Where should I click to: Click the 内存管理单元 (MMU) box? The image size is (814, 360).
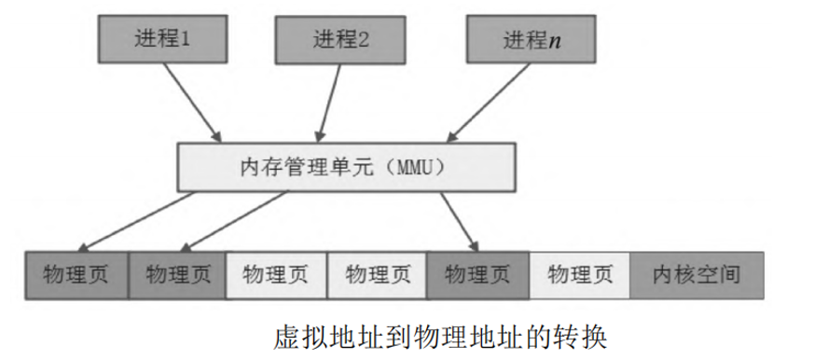[x=344, y=169]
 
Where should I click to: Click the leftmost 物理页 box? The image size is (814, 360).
[x=75, y=274]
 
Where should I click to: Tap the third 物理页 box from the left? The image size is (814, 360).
[x=275, y=274]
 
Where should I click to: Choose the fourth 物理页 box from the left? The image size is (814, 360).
[x=377, y=274]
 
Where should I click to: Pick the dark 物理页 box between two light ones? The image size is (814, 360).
[x=477, y=274]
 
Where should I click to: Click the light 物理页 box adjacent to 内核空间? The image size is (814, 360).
[x=579, y=274]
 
